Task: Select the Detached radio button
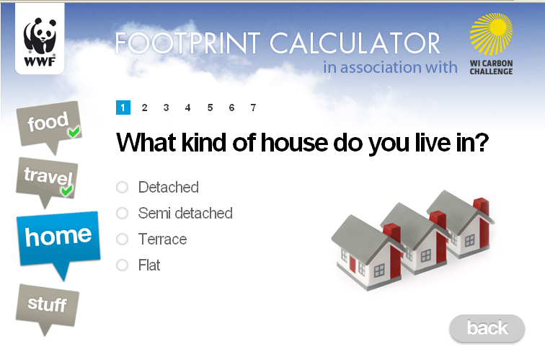(122, 187)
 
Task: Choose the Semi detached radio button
(122, 214)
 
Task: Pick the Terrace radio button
(122, 240)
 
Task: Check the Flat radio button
(122, 265)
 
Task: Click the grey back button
(487, 328)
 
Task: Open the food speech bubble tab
(49, 126)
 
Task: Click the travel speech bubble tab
(47, 180)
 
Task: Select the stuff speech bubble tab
(48, 307)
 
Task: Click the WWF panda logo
(40, 39)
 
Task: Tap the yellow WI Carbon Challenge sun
(491, 34)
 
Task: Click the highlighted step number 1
(123, 107)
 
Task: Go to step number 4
(187, 107)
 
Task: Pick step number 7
(253, 107)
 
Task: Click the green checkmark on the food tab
(74, 131)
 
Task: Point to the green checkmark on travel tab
(66, 190)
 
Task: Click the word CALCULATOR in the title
(355, 43)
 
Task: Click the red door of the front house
(353, 264)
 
